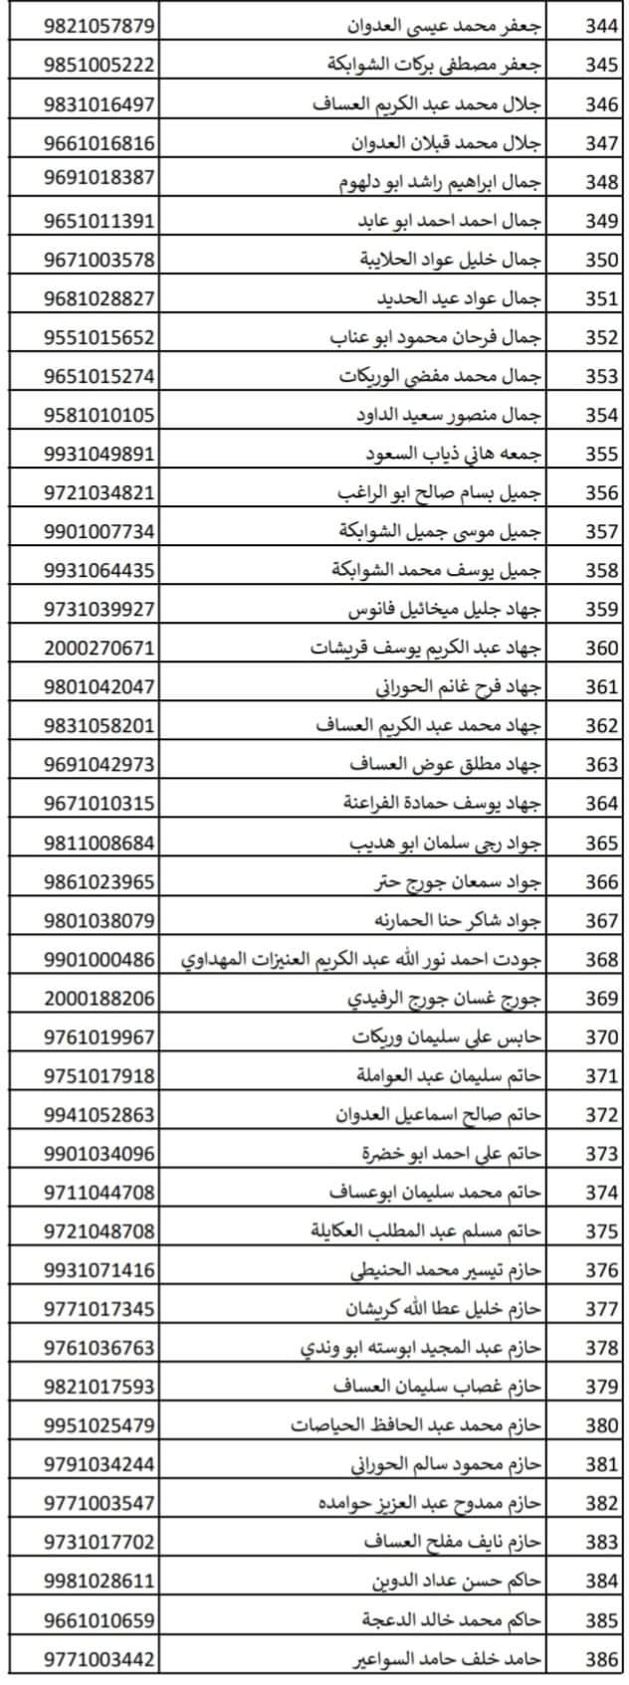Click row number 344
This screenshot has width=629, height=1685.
click(x=601, y=26)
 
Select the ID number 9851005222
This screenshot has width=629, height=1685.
click(x=100, y=65)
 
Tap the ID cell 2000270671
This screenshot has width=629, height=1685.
click(x=100, y=648)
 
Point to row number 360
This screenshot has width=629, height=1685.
click(x=601, y=648)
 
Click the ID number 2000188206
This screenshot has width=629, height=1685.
click(x=100, y=998)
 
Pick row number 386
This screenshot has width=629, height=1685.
click(x=601, y=1659)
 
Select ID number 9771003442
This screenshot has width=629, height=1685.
click(x=100, y=1659)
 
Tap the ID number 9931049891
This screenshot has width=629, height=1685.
click(x=100, y=454)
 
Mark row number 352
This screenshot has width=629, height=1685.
click(x=601, y=337)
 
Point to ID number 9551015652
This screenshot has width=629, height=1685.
click(x=100, y=337)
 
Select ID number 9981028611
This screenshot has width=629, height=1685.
click(x=100, y=1582)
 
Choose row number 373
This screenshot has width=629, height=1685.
click(x=601, y=1154)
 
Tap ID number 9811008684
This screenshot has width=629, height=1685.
click(x=100, y=842)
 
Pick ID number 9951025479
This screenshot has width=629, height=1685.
click(x=100, y=1425)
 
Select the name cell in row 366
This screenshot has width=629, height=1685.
click(x=448, y=881)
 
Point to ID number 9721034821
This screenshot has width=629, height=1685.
click(x=100, y=492)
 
